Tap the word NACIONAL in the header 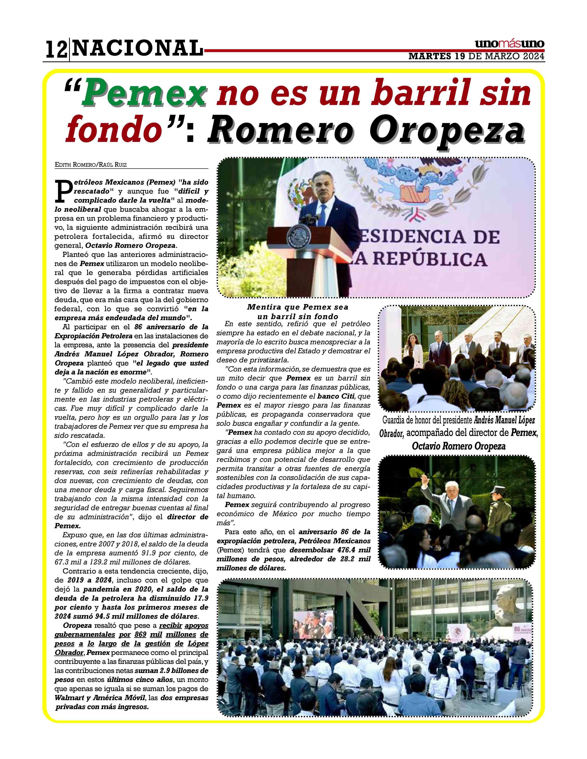point(138,48)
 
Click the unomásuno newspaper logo point(509,44)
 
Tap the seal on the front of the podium point(296,236)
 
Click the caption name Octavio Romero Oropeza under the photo point(458,447)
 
